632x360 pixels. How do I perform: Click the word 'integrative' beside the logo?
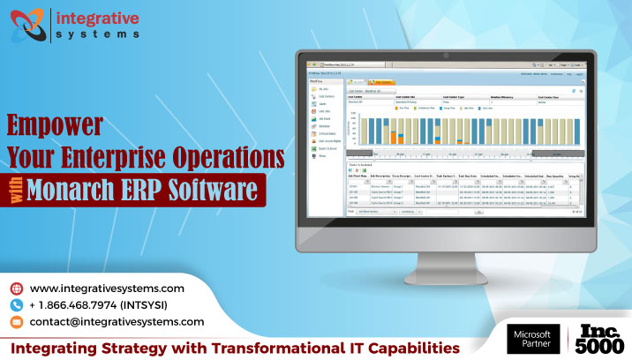[97, 16]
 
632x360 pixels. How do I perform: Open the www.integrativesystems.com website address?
[107, 289]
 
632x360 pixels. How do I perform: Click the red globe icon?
[15, 289]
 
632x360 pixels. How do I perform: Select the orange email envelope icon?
[15, 322]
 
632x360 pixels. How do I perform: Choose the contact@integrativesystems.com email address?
[117, 322]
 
